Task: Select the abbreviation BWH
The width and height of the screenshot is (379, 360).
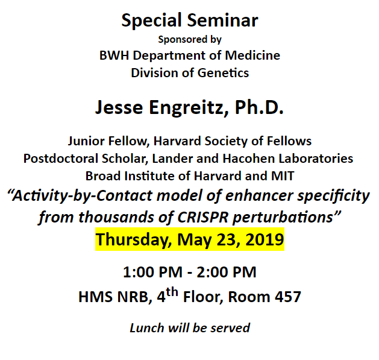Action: [113, 55]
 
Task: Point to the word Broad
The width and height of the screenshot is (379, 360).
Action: [102, 176]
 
